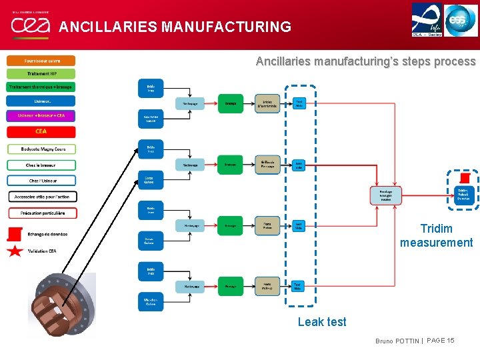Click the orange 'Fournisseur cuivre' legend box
41,60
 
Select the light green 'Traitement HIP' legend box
41,73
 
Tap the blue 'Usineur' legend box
41,101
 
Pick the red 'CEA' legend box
41,131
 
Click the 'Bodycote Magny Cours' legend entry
41,149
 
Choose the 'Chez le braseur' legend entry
41,165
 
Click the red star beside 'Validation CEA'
15,251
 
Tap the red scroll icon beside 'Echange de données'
15,235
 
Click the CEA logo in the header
30,25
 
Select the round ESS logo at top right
461,19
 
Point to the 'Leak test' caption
322,322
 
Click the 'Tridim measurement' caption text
437,236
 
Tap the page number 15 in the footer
450,341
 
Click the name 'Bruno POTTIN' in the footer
397,341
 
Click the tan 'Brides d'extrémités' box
267,103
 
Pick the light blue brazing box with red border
386,195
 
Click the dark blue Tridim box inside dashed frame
463,193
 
